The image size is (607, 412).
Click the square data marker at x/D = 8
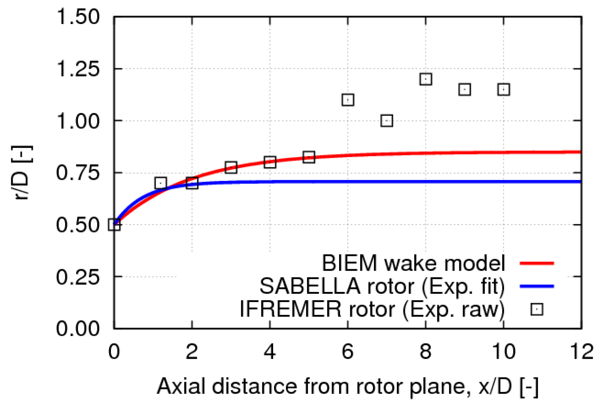(425, 79)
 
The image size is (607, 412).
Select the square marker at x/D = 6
(347, 100)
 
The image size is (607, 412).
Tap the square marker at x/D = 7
(386, 121)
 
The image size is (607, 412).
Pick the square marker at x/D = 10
(504, 90)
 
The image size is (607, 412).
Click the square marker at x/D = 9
(464, 90)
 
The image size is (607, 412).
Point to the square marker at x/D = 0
(114, 225)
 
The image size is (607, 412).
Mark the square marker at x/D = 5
(309, 157)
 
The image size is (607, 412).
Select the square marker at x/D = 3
(231, 167)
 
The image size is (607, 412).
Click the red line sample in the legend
(537, 263)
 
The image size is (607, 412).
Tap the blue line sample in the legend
(537, 286)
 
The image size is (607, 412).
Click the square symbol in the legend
(537, 310)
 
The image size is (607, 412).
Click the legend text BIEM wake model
(413, 263)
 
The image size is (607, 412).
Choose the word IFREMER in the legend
(290, 309)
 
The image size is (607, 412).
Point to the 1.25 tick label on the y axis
(78, 69)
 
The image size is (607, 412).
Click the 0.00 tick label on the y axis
(78, 328)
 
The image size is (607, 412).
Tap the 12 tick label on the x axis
(581, 352)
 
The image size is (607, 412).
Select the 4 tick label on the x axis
(270, 352)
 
